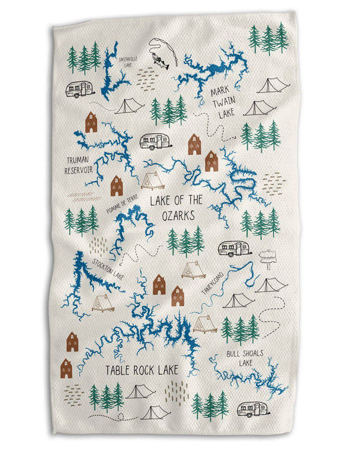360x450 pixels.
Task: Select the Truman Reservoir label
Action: tap(87, 165)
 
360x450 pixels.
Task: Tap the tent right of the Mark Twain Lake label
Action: tap(271, 86)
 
